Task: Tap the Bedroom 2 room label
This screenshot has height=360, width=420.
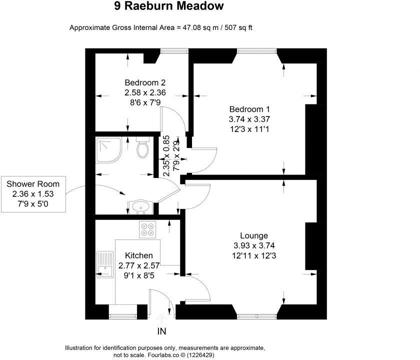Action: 145,82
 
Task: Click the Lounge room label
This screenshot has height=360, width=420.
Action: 254,235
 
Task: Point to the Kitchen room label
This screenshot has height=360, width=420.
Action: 139,255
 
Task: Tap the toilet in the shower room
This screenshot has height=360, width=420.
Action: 142,148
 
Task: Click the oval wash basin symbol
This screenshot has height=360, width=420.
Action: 141,206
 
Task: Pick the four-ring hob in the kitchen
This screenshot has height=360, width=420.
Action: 148,229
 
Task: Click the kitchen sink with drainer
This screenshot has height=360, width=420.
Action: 105,263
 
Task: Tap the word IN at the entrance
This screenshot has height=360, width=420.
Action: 161,331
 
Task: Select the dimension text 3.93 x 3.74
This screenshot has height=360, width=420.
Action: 254,245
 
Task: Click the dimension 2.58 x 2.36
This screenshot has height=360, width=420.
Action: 145,92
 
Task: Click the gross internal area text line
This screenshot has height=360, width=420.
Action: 161,27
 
